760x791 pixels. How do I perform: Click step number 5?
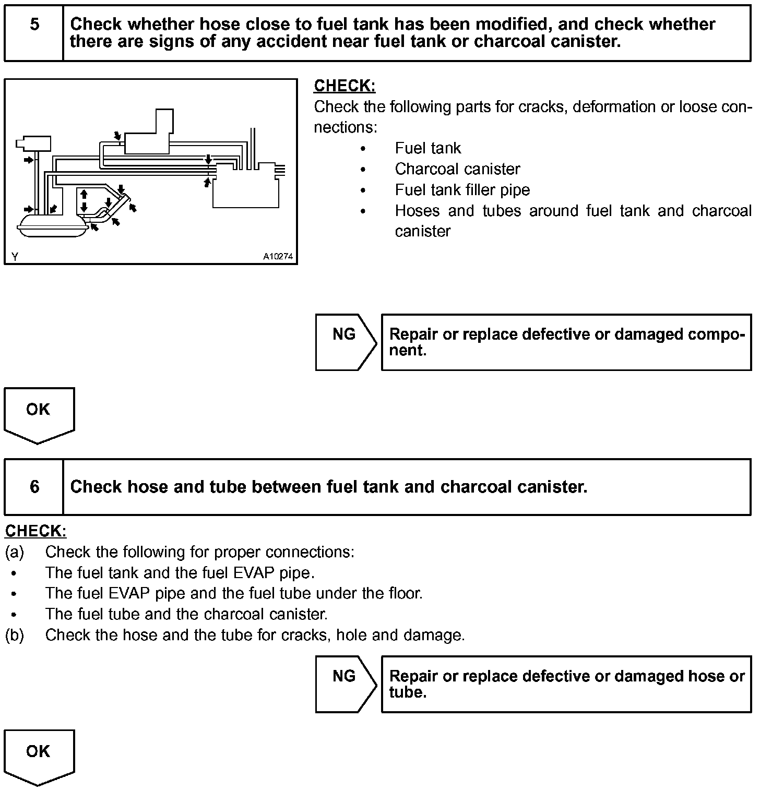[x=34, y=25]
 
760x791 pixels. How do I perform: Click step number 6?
[x=34, y=487]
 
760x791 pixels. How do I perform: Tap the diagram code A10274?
[x=278, y=257]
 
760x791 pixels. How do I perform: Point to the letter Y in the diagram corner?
[x=15, y=257]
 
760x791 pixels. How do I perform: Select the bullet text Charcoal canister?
[x=457, y=169]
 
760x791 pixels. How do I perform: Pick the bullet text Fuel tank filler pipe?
[x=462, y=190]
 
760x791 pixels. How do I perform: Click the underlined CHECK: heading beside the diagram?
[x=345, y=86]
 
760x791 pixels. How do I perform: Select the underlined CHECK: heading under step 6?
[x=35, y=531]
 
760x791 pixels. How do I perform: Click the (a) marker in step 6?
[x=14, y=552]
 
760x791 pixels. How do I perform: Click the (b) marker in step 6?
[x=14, y=635]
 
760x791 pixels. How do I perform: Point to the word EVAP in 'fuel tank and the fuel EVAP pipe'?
[x=254, y=573]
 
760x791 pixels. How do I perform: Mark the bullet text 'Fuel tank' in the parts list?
[x=427, y=148]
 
